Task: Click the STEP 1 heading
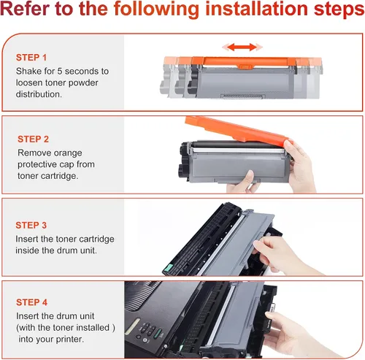click(x=31, y=58)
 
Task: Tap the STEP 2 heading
click(x=33, y=139)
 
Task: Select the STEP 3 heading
click(x=31, y=225)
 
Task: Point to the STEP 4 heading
click(x=31, y=302)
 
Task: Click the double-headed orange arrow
click(x=242, y=47)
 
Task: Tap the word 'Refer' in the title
click(x=25, y=9)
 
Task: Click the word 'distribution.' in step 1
click(x=39, y=94)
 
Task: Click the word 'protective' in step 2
click(x=37, y=165)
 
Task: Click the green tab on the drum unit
click(x=168, y=268)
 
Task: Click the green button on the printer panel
click(x=158, y=333)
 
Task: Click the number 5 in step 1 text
click(x=60, y=71)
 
